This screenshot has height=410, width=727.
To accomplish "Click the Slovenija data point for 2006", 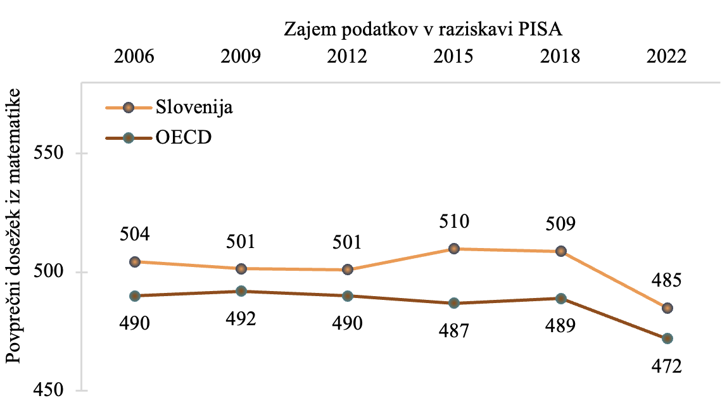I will click(134, 262).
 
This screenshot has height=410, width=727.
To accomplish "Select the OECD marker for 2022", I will click(667, 339).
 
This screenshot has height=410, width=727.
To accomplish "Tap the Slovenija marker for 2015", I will click(453, 249).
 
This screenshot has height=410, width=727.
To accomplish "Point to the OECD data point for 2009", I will click(241, 291).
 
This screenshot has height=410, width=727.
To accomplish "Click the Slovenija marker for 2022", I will click(667, 308).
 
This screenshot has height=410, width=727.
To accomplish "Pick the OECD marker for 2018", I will click(560, 298).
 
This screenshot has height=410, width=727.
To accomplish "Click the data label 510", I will click(453, 221).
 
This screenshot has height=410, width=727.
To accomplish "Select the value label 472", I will click(667, 366).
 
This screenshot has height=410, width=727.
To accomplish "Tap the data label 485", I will click(667, 281).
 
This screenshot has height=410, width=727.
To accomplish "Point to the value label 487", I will click(453, 330).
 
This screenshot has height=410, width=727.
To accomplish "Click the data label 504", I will click(134, 235).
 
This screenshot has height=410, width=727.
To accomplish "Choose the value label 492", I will click(241, 318).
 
